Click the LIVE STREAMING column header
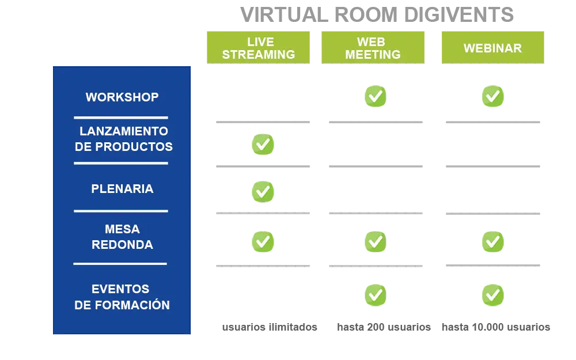258,48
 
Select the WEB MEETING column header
373,48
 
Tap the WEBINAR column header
492,48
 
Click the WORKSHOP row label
122,97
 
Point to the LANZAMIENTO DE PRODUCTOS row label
123,139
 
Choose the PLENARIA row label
122,189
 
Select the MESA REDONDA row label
122,237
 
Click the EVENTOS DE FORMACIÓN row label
122,297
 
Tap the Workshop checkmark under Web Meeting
376,96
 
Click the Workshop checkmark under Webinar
493,96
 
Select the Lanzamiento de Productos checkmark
263,145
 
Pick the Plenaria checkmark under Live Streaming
263,192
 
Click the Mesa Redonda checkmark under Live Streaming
263,242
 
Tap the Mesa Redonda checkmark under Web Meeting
376,242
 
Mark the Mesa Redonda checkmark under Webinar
493,242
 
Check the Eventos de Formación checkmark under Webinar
493,295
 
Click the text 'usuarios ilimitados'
270,327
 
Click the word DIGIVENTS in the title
459,15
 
